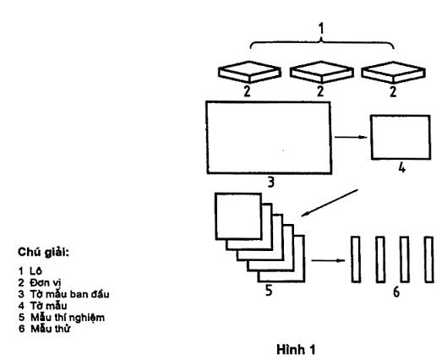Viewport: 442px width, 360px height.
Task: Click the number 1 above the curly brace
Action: (x=321, y=29)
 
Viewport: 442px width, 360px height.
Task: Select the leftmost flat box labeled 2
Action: (x=249, y=72)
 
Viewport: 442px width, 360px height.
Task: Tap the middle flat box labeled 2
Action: (x=322, y=72)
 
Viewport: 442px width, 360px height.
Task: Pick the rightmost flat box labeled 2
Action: (x=394, y=72)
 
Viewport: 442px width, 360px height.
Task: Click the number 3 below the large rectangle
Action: (x=270, y=183)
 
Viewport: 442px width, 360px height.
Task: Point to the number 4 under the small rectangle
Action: (x=401, y=168)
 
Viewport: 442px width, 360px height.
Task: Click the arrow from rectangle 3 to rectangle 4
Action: (x=351, y=137)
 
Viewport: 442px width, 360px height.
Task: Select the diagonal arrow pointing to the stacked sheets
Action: (x=330, y=203)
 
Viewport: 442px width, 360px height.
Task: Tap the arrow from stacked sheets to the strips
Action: (x=328, y=260)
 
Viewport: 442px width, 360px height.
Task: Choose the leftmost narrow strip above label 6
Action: (x=356, y=259)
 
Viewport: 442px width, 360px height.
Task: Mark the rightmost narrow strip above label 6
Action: (x=429, y=259)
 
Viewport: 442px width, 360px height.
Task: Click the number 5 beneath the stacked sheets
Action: (x=269, y=291)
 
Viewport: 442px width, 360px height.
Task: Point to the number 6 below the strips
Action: (x=396, y=292)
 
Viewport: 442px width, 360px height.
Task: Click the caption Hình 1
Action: (x=296, y=350)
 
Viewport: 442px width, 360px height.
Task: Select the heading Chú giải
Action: (x=43, y=252)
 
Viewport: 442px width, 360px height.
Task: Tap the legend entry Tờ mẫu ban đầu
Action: (x=69, y=294)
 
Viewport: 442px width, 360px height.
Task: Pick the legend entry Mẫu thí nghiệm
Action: (x=68, y=318)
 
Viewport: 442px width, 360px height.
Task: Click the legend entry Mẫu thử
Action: (x=51, y=329)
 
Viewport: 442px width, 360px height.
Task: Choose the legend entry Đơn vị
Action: (x=45, y=283)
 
